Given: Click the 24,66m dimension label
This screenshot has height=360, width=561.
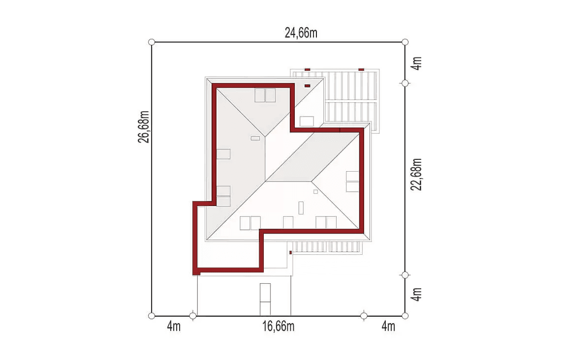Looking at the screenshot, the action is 301,33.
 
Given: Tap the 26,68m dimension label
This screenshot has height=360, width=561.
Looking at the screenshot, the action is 144,127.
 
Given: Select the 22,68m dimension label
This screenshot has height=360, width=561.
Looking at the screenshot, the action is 416,175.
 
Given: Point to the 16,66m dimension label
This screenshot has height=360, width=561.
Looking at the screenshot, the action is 279,327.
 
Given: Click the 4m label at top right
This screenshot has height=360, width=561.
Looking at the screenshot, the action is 416,63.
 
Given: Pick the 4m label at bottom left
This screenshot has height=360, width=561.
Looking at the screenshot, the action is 174,327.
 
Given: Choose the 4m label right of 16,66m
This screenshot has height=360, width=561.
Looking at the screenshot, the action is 388,327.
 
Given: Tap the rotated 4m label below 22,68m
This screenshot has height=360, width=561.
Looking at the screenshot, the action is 416,294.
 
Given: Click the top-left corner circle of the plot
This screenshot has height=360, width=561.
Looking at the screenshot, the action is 152,42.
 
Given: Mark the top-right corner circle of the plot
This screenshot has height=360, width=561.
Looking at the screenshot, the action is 405,42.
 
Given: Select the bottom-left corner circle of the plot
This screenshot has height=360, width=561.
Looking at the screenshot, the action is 152,316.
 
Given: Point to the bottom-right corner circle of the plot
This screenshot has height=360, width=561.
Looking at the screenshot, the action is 405,316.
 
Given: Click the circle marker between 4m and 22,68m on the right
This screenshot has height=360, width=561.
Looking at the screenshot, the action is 405,83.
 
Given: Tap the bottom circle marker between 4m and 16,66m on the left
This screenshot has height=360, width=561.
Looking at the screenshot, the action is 193,316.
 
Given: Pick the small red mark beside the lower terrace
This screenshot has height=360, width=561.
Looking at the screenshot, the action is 290,253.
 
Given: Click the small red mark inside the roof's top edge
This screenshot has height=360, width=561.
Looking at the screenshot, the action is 307,86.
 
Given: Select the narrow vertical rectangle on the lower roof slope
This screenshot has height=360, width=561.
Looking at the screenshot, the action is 301,208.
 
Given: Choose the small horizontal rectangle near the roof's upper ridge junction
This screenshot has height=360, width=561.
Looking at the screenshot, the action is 255,138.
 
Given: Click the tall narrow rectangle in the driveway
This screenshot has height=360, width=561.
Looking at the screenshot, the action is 265,300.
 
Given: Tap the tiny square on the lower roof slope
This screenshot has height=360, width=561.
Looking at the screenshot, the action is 315,192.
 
